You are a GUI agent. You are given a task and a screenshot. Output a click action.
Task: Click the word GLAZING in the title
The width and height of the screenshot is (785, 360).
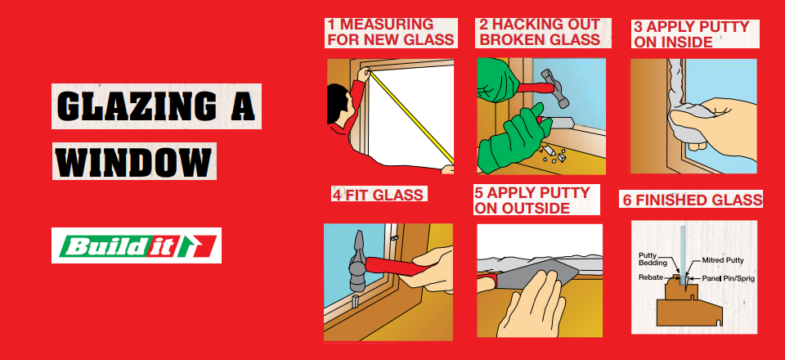(x=137, y=106)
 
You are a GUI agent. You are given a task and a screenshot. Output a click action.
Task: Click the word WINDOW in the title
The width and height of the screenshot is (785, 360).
(x=133, y=161)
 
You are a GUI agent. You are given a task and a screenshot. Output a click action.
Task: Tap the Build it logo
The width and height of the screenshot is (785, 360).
(x=137, y=245)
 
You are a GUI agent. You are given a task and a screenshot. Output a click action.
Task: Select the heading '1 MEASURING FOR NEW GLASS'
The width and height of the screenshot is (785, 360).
(x=391, y=32)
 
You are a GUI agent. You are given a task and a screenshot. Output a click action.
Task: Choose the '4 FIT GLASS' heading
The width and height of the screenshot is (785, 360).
(x=378, y=194)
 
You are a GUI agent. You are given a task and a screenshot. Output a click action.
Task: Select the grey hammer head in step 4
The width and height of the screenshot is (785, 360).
(x=357, y=262)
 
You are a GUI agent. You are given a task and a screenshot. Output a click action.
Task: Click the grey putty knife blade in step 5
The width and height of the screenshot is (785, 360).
(x=536, y=274)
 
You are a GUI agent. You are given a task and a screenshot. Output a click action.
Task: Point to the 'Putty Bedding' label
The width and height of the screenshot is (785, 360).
(x=653, y=259)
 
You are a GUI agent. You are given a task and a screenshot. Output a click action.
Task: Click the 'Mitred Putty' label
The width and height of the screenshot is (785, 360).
(x=722, y=260)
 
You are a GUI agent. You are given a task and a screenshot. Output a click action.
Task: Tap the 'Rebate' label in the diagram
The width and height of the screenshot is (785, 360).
(x=650, y=277)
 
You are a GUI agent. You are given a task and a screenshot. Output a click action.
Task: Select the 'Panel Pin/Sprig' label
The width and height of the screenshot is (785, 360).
(x=728, y=278)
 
